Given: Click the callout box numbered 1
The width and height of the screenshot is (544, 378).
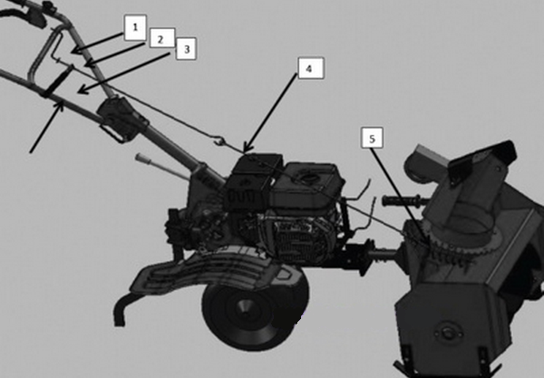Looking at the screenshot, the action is click(135, 27).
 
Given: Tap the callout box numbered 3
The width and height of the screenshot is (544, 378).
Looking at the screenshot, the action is click(186, 49).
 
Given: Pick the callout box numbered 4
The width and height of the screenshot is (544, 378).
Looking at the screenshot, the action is click(311, 68).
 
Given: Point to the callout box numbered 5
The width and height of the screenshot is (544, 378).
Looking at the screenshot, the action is click(372, 138).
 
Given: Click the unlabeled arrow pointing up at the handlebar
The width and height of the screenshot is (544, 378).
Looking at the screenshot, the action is click(47, 126).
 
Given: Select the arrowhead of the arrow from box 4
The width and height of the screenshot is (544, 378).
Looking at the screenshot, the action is click(247, 148).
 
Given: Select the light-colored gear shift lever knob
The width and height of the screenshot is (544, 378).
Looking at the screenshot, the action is click(142, 159).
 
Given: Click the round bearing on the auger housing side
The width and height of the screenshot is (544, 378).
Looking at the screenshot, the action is click(448, 334).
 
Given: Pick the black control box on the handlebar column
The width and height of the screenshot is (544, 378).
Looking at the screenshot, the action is click(121, 117).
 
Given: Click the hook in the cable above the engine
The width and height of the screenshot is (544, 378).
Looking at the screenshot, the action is click(219, 141).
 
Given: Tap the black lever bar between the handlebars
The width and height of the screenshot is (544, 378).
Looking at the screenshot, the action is click(58, 82).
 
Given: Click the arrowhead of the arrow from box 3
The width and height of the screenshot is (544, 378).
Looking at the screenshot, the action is click(82, 91).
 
